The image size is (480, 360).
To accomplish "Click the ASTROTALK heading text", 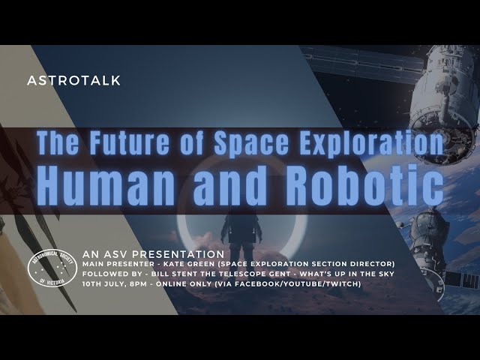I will [73, 80].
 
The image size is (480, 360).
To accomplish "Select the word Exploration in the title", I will [372, 142].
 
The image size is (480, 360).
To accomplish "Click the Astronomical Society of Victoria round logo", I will [53, 271].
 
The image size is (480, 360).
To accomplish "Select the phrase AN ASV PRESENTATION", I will [143, 253].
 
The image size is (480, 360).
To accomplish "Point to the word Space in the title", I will [255, 142].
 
